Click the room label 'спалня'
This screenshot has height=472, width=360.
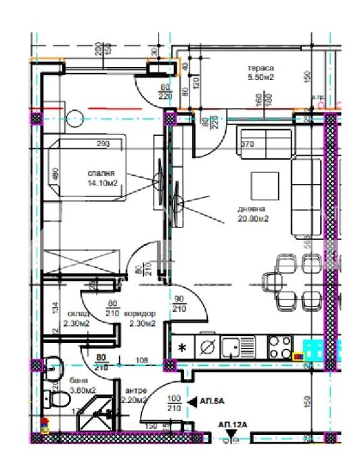(x=100, y=173)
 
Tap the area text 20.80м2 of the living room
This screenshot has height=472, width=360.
(x=254, y=218)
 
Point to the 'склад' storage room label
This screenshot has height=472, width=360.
(x=76, y=314)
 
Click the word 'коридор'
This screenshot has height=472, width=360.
(x=141, y=314)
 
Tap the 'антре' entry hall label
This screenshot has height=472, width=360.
(x=136, y=390)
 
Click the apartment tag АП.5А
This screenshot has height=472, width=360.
(x=212, y=401)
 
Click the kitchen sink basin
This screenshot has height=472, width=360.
(x=231, y=348)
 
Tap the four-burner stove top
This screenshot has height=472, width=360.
(x=280, y=347)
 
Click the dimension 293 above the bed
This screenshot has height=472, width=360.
(x=103, y=143)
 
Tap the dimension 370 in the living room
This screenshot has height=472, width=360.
(x=248, y=143)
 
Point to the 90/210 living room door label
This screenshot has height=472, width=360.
(x=180, y=304)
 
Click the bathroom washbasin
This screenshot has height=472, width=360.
(x=51, y=369)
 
